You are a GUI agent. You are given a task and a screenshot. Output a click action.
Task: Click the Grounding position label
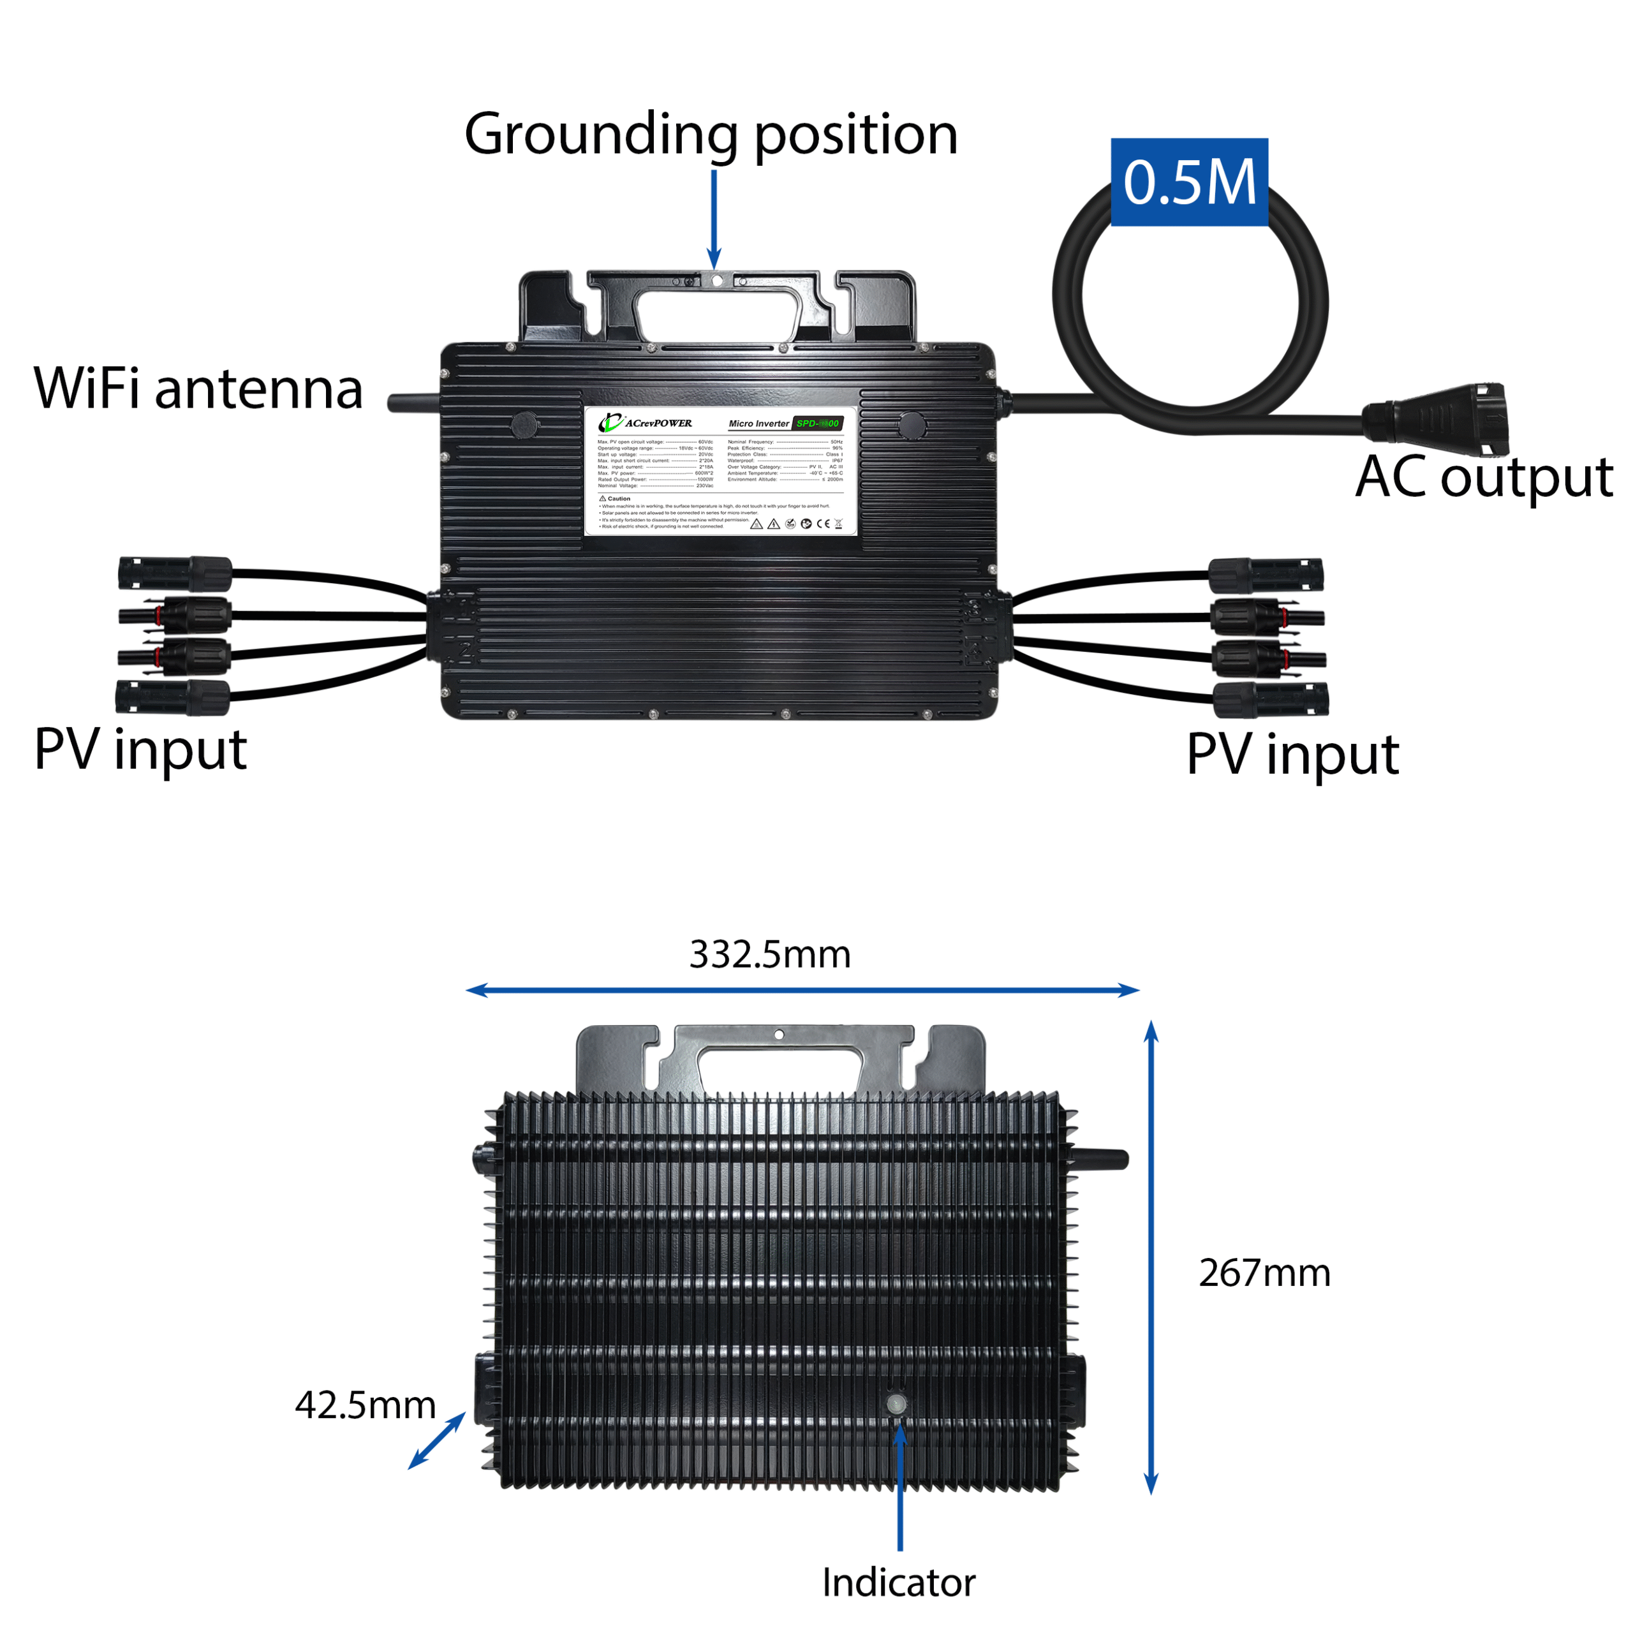pos(711,135)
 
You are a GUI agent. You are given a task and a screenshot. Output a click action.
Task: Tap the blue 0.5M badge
pos(1189,182)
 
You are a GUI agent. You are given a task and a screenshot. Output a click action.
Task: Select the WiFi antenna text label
pos(198,389)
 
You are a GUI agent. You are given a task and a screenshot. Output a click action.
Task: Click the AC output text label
pos(1483,478)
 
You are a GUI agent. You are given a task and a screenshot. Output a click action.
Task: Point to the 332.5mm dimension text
pos(769,954)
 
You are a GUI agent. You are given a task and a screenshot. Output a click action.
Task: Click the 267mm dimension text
pos(1264,1274)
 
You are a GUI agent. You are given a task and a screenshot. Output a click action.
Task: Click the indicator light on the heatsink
pos(897,1404)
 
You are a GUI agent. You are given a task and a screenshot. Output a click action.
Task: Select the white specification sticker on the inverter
pos(720,471)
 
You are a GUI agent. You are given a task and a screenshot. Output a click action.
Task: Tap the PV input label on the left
pos(140,749)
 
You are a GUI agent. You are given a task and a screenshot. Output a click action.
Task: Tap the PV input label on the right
pos(1293,754)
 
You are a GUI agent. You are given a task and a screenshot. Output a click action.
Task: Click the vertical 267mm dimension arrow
pos(1151,1259)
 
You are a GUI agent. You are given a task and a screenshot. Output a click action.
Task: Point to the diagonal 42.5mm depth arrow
pos(437,1440)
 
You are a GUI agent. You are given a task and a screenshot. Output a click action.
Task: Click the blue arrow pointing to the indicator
pos(900,1488)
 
